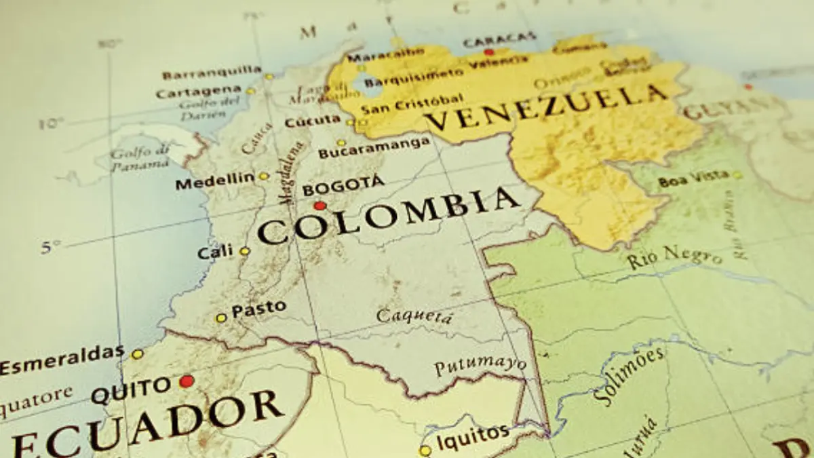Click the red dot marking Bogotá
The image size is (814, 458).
coord(319,206)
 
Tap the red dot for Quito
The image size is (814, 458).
coord(187,381)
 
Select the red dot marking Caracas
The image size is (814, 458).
coord(488,52)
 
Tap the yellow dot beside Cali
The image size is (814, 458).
coord(244,251)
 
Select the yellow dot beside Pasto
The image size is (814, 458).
coord(221,318)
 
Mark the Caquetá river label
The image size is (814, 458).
coord(414,316)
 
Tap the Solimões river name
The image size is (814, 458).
coord(621,377)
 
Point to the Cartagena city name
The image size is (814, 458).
coord(198,92)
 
